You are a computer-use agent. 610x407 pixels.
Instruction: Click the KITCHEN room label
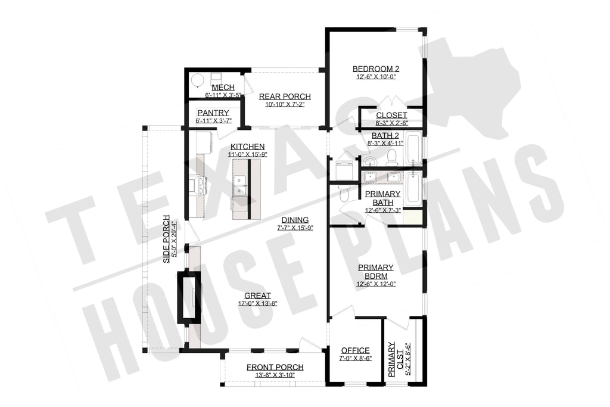pos(247,147)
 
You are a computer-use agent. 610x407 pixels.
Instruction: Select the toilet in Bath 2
pos(392,157)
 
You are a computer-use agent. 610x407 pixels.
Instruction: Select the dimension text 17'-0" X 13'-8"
pos(257,303)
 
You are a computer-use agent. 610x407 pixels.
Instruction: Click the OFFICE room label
pos(355,350)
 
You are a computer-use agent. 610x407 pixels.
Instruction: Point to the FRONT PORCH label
pos(275,367)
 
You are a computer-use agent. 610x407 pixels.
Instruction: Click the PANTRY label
pos(209,113)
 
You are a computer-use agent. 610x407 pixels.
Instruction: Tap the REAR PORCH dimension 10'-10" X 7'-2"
pos(284,105)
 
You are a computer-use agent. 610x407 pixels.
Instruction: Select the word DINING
pos(295,219)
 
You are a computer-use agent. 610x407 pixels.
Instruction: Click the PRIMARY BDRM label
pos(375,272)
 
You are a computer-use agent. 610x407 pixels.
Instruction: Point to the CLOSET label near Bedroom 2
pos(391,115)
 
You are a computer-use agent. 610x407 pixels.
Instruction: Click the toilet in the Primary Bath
pos(344,194)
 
